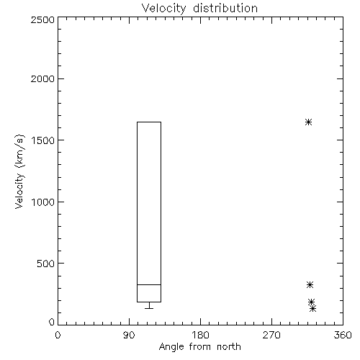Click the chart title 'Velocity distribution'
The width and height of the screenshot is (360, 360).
199,9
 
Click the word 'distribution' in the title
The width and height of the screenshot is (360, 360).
225,9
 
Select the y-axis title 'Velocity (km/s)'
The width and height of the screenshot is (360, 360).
19,171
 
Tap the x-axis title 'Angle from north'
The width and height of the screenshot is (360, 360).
199,346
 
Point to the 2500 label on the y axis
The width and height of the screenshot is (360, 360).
42,19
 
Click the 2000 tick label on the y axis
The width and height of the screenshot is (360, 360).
42,78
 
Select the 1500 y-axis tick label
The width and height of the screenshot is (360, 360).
43,140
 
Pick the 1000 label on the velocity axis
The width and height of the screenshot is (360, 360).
43,202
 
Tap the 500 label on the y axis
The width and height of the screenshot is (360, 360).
46,264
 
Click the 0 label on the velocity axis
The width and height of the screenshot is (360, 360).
52,322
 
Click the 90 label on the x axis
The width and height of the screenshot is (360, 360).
129,335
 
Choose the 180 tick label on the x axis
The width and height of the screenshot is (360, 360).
200,335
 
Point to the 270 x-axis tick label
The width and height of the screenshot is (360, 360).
271,335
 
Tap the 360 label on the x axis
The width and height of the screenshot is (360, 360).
343,335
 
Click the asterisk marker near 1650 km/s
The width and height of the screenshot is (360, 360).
308,122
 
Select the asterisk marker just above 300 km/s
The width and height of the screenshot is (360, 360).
310,285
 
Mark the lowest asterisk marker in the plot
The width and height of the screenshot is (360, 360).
312,309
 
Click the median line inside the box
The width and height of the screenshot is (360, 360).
149,284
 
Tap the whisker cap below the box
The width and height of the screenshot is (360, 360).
149,308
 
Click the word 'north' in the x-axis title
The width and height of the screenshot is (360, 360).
229,346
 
